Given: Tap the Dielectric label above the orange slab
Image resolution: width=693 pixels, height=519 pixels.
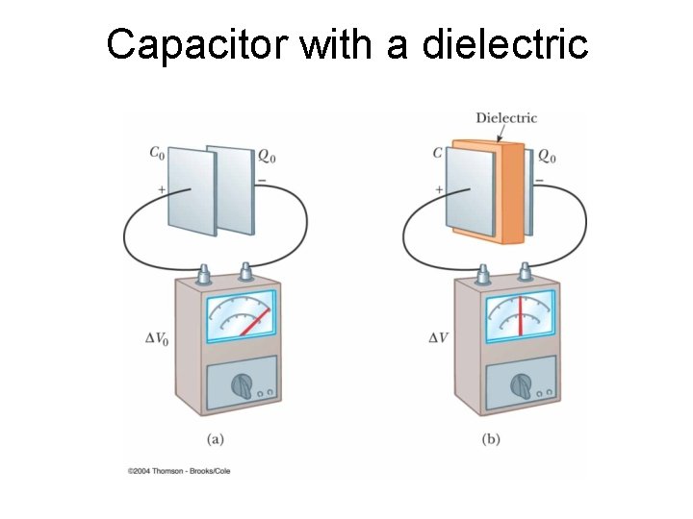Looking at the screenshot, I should [506, 118].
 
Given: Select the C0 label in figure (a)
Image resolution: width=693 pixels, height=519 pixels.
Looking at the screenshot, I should [156, 153].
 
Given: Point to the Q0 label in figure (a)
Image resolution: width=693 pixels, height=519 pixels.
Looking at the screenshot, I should [269, 155].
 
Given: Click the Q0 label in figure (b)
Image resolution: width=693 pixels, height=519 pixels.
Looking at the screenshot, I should [546, 155].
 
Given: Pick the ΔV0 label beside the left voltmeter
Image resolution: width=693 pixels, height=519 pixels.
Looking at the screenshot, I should [158, 337].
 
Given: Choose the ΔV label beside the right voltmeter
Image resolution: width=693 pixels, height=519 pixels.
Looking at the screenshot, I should [438, 337].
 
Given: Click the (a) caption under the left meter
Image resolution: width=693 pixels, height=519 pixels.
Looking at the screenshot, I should [217, 439].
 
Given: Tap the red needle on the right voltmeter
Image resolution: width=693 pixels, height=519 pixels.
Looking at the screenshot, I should [520, 316].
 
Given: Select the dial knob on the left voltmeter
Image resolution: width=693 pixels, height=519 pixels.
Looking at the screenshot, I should [242, 387].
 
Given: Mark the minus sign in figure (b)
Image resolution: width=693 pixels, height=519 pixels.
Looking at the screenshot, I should [539, 180].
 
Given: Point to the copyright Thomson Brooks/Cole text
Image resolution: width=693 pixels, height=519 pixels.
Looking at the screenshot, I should [179, 471].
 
